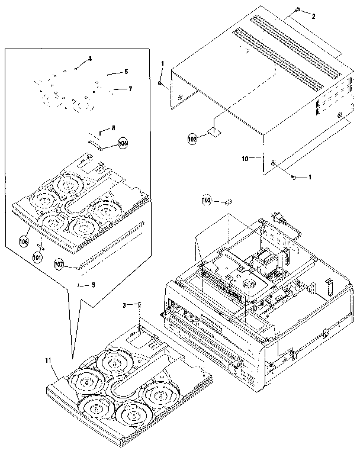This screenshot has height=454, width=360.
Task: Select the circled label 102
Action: (192, 139)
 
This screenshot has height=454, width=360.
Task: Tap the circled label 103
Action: (207, 201)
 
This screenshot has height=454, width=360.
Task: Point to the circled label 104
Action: (123, 143)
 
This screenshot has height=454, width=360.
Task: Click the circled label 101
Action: (37, 257)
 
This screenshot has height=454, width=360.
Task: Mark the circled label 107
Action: (59, 263)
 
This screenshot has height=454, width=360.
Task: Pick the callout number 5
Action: (126, 72)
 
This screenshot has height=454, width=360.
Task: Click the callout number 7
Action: (130, 89)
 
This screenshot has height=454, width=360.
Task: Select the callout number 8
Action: (114, 128)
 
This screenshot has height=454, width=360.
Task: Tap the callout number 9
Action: (93, 285)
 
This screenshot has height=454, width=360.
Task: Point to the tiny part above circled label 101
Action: (41, 246)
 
